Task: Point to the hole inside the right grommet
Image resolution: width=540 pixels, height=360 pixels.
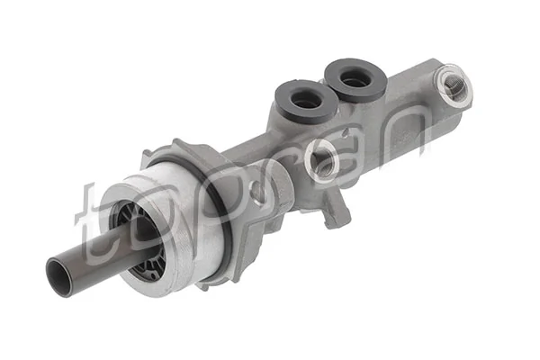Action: point(355,77)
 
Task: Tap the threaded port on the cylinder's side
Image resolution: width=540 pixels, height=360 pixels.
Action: point(321,159)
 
